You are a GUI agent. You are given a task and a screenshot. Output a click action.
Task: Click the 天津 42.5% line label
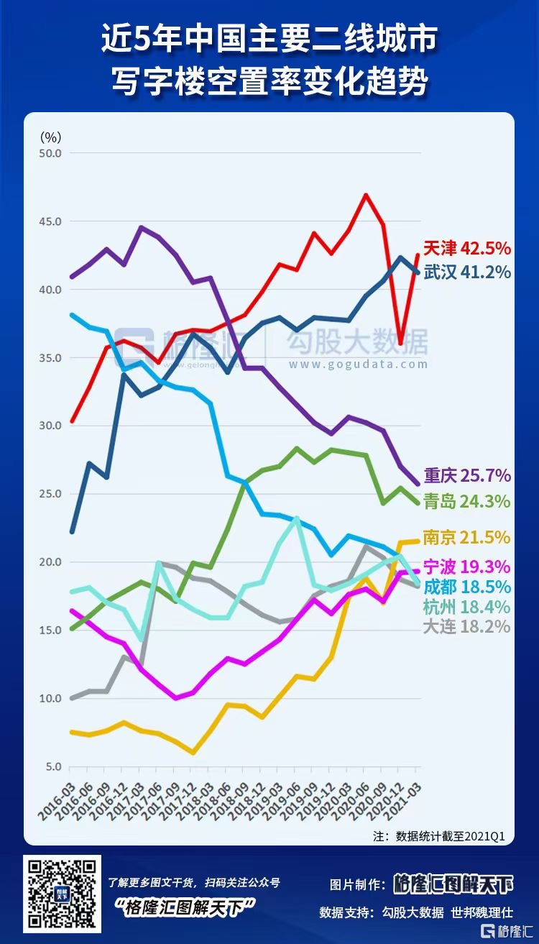click(466, 249)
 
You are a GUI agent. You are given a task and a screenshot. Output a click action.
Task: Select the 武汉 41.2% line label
click(466, 272)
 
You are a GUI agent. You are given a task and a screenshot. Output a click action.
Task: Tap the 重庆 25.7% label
click(466, 475)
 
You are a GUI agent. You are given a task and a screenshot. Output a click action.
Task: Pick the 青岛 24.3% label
click(466, 500)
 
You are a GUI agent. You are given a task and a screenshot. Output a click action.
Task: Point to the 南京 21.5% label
click(466, 537)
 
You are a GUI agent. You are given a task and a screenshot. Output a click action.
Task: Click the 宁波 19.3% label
click(466, 566)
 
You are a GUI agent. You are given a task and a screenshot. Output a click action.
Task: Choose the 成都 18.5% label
click(466, 586)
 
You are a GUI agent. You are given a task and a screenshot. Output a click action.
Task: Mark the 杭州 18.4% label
click(466, 606)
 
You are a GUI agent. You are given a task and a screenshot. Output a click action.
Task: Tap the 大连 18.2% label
click(466, 626)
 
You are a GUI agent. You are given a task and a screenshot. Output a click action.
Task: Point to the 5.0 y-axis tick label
click(53, 766)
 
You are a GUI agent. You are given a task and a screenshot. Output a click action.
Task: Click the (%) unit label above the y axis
click(51, 136)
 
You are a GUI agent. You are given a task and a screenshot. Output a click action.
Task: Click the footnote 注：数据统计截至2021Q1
click(439, 836)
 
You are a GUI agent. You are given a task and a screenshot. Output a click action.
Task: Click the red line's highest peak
click(366, 195)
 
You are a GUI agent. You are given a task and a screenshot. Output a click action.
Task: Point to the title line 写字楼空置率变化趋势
click(269, 81)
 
